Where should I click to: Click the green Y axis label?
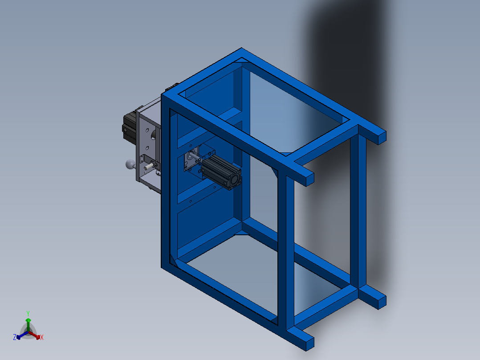tap(28, 313)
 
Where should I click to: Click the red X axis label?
tap(42, 337)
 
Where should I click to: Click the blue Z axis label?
tap(14, 337)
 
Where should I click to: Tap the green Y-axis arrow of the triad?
tap(28, 325)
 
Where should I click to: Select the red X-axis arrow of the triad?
tap(34, 335)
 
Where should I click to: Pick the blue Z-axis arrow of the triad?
tap(22, 335)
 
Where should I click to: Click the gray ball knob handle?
tap(130, 164)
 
